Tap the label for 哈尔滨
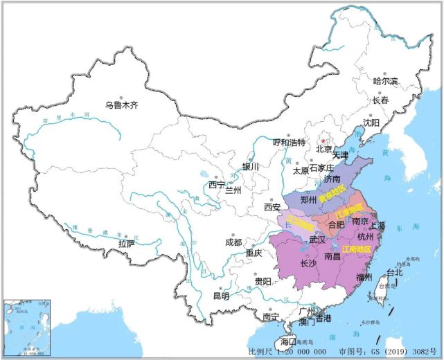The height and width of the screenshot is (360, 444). point(386,81)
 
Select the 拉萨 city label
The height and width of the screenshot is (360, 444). point(126,244)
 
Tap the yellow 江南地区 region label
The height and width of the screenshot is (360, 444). point(357,248)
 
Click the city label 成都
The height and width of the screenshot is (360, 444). point(233,242)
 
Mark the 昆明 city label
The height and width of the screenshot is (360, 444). point(220,296)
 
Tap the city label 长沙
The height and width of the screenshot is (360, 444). point(309,263)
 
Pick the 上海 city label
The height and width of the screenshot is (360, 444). point(378,226)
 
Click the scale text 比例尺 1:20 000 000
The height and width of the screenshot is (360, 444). point(287,352)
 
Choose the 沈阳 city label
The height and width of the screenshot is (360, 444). point(371,123)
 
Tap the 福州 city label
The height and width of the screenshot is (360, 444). point(364,277)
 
